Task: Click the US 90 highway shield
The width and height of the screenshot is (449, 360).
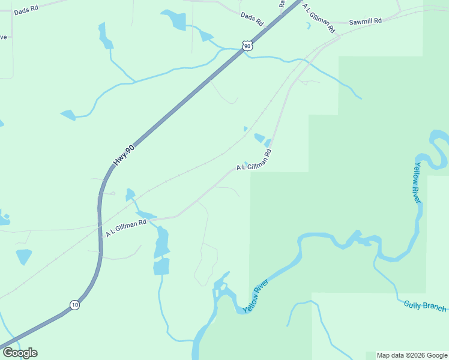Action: click(x=247, y=46)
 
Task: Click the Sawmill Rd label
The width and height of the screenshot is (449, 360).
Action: click(x=366, y=21)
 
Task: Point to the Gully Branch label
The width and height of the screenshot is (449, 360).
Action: click(x=425, y=306)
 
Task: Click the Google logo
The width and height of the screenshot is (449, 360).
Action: click(x=20, y=353)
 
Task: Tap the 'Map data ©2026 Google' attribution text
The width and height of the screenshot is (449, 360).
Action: click(x=412, y=355)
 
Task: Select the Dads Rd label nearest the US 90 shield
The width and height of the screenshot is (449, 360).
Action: click(x=252, y=19)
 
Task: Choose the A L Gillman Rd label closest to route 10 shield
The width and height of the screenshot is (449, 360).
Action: click(x=126, y=227)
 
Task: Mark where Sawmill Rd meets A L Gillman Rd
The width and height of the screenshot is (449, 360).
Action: click(x=339, y=37)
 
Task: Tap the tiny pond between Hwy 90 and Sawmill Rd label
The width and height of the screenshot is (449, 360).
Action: click(x=309, y=26)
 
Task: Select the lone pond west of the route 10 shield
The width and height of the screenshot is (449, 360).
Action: click(x=23, y=256)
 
